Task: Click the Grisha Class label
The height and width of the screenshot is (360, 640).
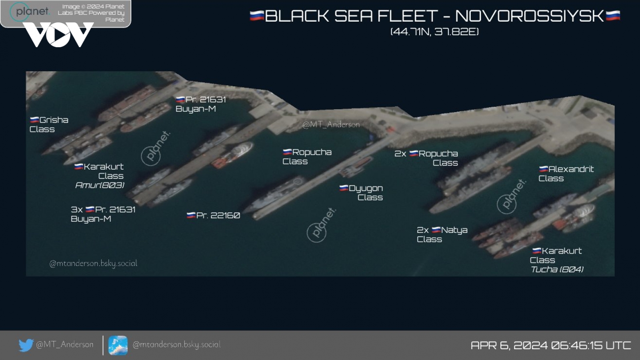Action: [x=49, y=124]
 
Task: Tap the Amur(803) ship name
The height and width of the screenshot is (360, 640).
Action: [x=100, y=186]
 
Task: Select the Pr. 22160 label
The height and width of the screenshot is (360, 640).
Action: [x=213, y=215]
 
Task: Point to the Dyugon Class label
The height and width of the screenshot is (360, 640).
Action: [x=361, y=192]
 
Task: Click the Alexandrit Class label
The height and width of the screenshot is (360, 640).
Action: [x=566, y=174]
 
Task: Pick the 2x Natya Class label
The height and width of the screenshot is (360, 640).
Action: [x=442, y=234]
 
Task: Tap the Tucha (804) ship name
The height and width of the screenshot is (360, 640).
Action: [x=557, y=269]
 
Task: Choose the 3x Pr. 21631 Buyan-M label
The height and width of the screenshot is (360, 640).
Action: [x=103, y=214]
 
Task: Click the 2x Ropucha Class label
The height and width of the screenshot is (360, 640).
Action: [x=426, y=158]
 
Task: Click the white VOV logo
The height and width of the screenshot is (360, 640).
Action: [x=58, y=34]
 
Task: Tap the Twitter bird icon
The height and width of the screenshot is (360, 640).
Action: [x=26, y=345]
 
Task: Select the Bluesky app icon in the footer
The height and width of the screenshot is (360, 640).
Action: [x=118, y=346]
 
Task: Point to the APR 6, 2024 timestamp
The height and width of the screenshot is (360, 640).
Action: [x=550, y=345]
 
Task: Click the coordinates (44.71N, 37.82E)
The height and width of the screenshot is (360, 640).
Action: [x=434, y=32]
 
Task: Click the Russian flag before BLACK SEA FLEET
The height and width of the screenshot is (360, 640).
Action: [x=257, y=16]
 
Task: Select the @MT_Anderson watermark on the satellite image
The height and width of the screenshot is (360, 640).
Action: [x=331, y=124]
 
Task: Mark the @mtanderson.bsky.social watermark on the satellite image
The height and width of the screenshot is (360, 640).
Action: [x=93, y=263]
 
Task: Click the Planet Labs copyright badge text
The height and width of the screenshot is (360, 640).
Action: [x=91, y=13]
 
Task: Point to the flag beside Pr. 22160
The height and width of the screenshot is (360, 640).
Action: [x=191, y=215]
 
